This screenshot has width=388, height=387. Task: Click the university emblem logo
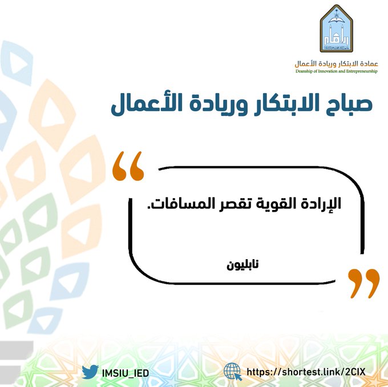tap(336, 29)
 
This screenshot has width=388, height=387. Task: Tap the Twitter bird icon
tap(90, 372)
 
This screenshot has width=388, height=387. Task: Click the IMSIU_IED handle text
tap(126, 373)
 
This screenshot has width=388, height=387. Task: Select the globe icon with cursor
tap(232, 372)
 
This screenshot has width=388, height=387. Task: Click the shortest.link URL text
tap(306, 372)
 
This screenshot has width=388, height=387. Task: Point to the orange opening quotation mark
tap(128, 166)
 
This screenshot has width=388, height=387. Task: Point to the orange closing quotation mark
tap(364, 284)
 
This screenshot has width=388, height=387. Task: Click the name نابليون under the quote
tap(242, 265)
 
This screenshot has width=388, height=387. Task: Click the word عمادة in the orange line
tap(368, 64)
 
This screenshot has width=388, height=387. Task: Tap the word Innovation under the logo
tap(328, 71)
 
